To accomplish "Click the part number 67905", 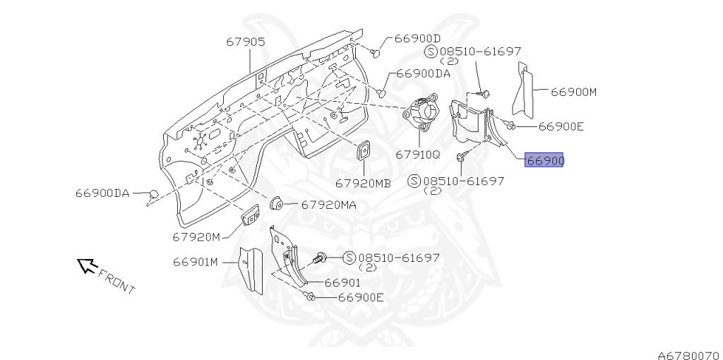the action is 246,42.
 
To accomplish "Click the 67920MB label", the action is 363,182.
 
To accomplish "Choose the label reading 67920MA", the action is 329,205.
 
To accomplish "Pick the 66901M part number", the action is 196,263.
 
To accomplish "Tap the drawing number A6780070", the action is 687,347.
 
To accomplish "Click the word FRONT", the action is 116,281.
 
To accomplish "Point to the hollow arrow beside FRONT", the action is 86,265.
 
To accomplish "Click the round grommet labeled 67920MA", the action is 277,204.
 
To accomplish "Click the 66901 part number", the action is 343,282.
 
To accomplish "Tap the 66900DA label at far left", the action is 102,193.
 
